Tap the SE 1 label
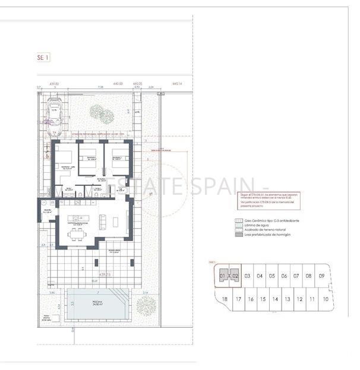(43, 58)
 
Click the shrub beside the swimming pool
(146, 306)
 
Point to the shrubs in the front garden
(97, 112)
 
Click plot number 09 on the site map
(321, 276)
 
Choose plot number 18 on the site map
(224, 299)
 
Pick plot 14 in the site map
(274, 299)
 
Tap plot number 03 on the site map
(247, 276)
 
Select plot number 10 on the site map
(325, 299)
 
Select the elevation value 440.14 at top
(178, 84)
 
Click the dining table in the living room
(78, 234)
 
